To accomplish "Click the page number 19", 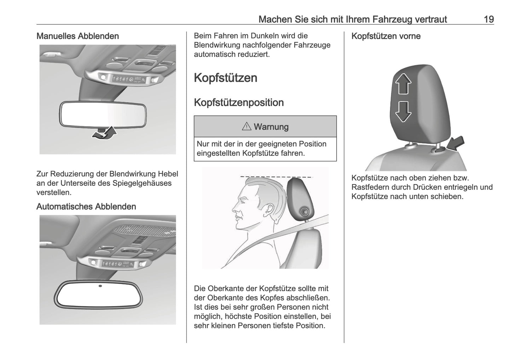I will pyautogui.click(x=488, y=19).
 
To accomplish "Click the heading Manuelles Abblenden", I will pyautogui.click(x=77, y=36).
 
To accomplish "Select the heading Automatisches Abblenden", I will pyautogui.click(x=86, y=207).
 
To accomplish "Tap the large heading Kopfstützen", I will pyautogui.click(x=226, y=78).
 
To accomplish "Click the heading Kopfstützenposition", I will pyautogui.click(x=239, y=103).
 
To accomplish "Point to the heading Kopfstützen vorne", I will pyautogui.click(x=386, y=36).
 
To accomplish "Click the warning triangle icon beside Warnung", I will pyautogui.click(x=246, y=127).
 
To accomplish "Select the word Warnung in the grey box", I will pyautogui.click(x=271, y=127).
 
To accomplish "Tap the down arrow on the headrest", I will pyautogui.click(x=403, y=111).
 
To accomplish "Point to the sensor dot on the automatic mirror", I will pyautogui.click(x=100, y=286).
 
